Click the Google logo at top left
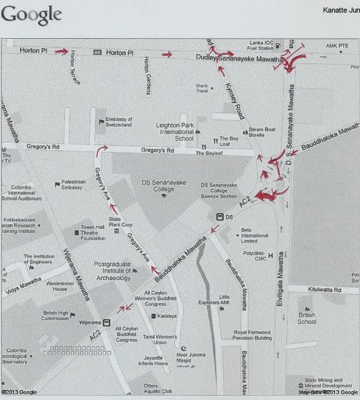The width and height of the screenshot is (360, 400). (31, 14)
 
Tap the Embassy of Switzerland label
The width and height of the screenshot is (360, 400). (118, 122)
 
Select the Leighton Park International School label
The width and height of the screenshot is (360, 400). (175, 131)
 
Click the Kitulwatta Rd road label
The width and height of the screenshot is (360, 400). (323, 290)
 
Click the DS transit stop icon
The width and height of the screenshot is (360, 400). (220, 216)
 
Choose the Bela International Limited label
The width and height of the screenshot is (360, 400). (254, 235)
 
